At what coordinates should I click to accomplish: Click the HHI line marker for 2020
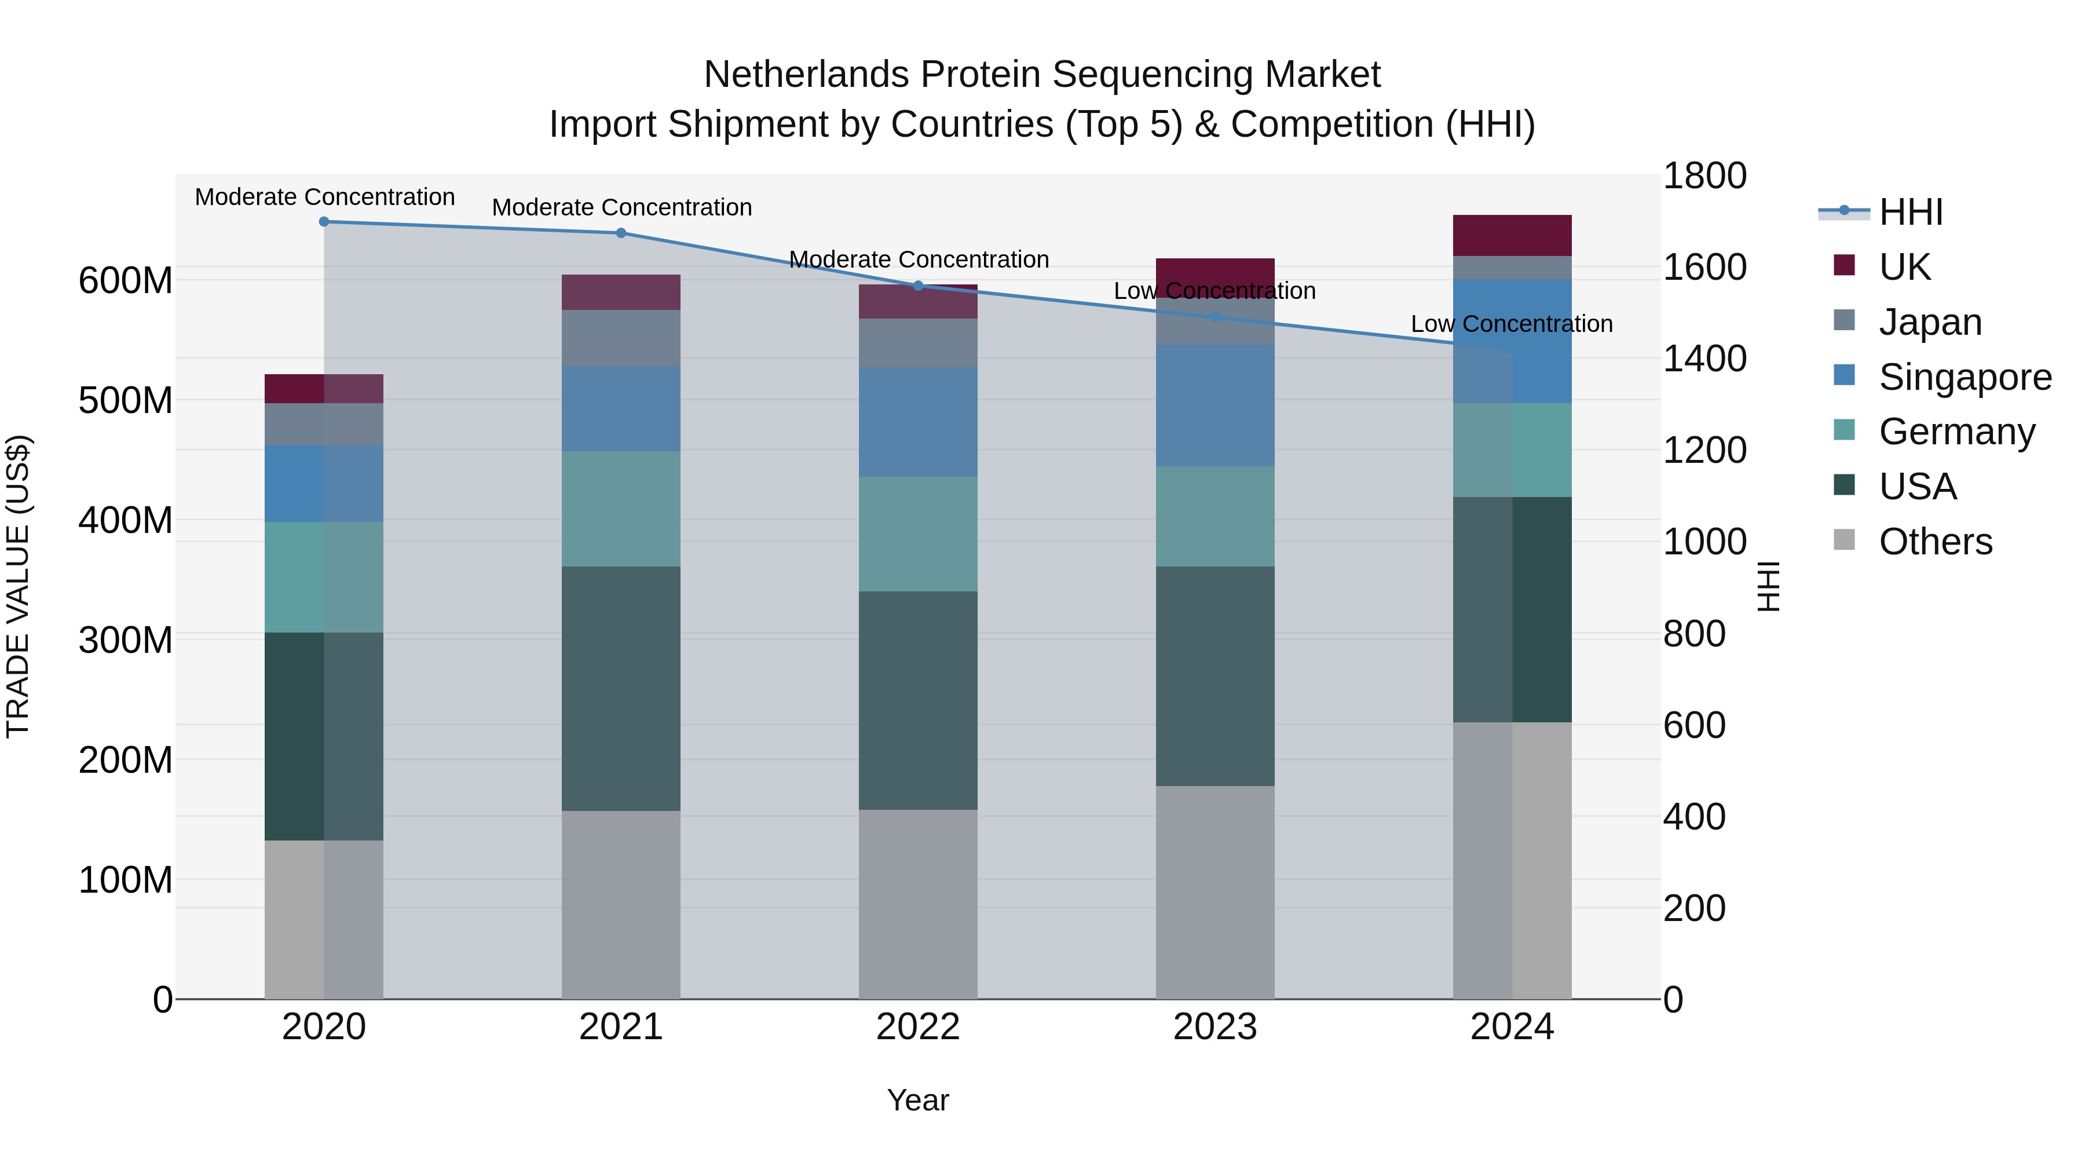(x=324, y=221)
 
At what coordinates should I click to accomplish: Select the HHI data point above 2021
(x=621, y=233)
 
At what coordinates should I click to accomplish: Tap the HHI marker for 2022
(x=918, y=286)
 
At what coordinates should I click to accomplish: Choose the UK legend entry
(x=1904, y=267)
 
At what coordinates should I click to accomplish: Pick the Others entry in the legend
(x=1934, y=542)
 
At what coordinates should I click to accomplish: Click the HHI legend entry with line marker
(x=1910, y=212)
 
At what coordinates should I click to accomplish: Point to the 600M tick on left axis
(x=126, y=281)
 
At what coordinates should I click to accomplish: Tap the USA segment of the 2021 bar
(x=621, y=688)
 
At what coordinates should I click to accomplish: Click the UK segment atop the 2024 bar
(x=1512, y=236)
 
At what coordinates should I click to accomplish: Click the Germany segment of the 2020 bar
(x=324, y=576)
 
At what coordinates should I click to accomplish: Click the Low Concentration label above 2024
(x=1511, y=324)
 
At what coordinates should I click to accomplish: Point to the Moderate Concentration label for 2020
(x=324, y=197)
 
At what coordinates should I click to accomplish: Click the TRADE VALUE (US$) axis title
(x=18, y=586)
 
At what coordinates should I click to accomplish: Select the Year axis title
(x=918, y=1100)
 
